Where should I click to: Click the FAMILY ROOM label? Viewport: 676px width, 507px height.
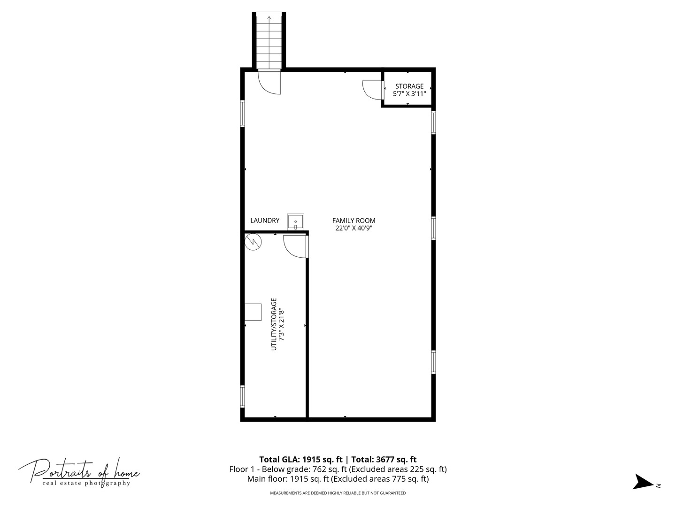point(353,221)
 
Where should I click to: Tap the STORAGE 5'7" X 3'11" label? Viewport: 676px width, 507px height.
point(409,90)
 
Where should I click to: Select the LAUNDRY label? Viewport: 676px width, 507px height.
point(265,221)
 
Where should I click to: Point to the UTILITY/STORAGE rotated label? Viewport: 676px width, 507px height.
point(274,324)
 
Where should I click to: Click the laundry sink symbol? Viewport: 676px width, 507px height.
point(295,222)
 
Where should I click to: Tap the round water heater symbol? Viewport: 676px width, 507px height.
point(253,242)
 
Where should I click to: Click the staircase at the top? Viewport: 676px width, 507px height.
point(269,42)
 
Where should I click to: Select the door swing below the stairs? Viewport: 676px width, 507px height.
point(269,82)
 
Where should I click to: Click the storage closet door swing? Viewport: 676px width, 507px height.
point(372,90)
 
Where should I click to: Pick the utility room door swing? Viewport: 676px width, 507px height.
point(295,246)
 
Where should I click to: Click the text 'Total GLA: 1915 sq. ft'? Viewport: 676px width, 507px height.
point(300,459)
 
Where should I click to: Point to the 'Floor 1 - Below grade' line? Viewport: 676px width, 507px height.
point(338,469)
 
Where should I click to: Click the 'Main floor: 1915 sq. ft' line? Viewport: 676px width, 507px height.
point(338,479)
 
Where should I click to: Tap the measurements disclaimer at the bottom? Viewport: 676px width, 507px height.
point(338,493)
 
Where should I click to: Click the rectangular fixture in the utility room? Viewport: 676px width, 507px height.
point(253,312)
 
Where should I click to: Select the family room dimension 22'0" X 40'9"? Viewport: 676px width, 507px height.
point(354,228)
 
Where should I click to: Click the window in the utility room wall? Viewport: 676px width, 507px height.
point(242,397)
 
